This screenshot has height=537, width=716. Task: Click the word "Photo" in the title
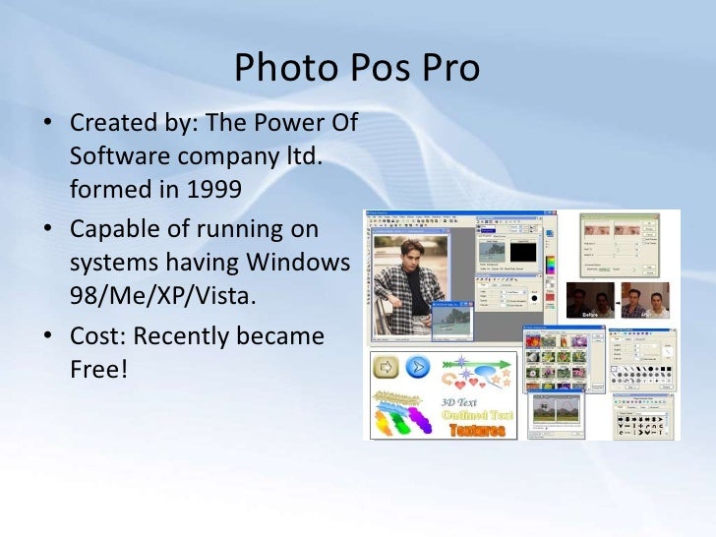282,69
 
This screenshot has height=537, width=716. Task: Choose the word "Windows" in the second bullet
301,266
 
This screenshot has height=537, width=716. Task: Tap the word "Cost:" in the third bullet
98,336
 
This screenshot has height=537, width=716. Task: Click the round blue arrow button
419,368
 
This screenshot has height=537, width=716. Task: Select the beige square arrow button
386,368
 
